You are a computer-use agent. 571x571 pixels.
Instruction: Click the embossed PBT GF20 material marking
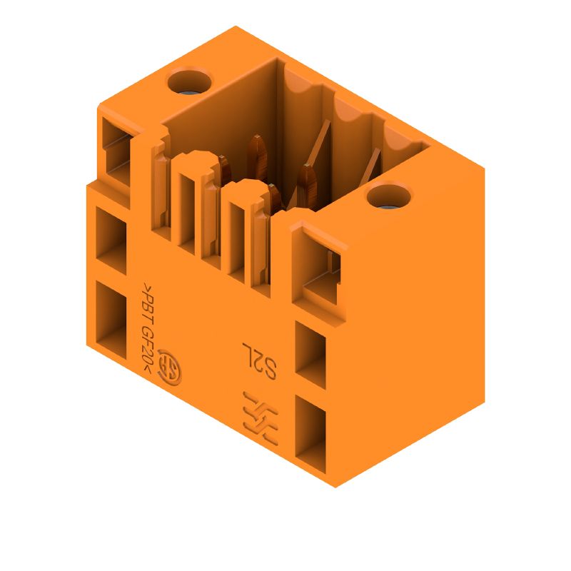[149, 327]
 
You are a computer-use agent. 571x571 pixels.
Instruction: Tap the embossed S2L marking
[260, 360]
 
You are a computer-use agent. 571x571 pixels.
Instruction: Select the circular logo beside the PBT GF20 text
[171, 368]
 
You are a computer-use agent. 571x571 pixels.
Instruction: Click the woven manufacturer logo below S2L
[261, 418]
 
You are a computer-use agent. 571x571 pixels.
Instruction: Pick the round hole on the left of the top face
[189, 81]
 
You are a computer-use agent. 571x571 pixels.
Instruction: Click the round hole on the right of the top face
[388, 197]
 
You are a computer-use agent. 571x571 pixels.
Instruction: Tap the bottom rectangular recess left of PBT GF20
[111, 319]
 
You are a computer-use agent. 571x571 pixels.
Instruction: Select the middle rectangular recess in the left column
[111, 241]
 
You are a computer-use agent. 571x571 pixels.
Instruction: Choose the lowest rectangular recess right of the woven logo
[310, 434]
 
